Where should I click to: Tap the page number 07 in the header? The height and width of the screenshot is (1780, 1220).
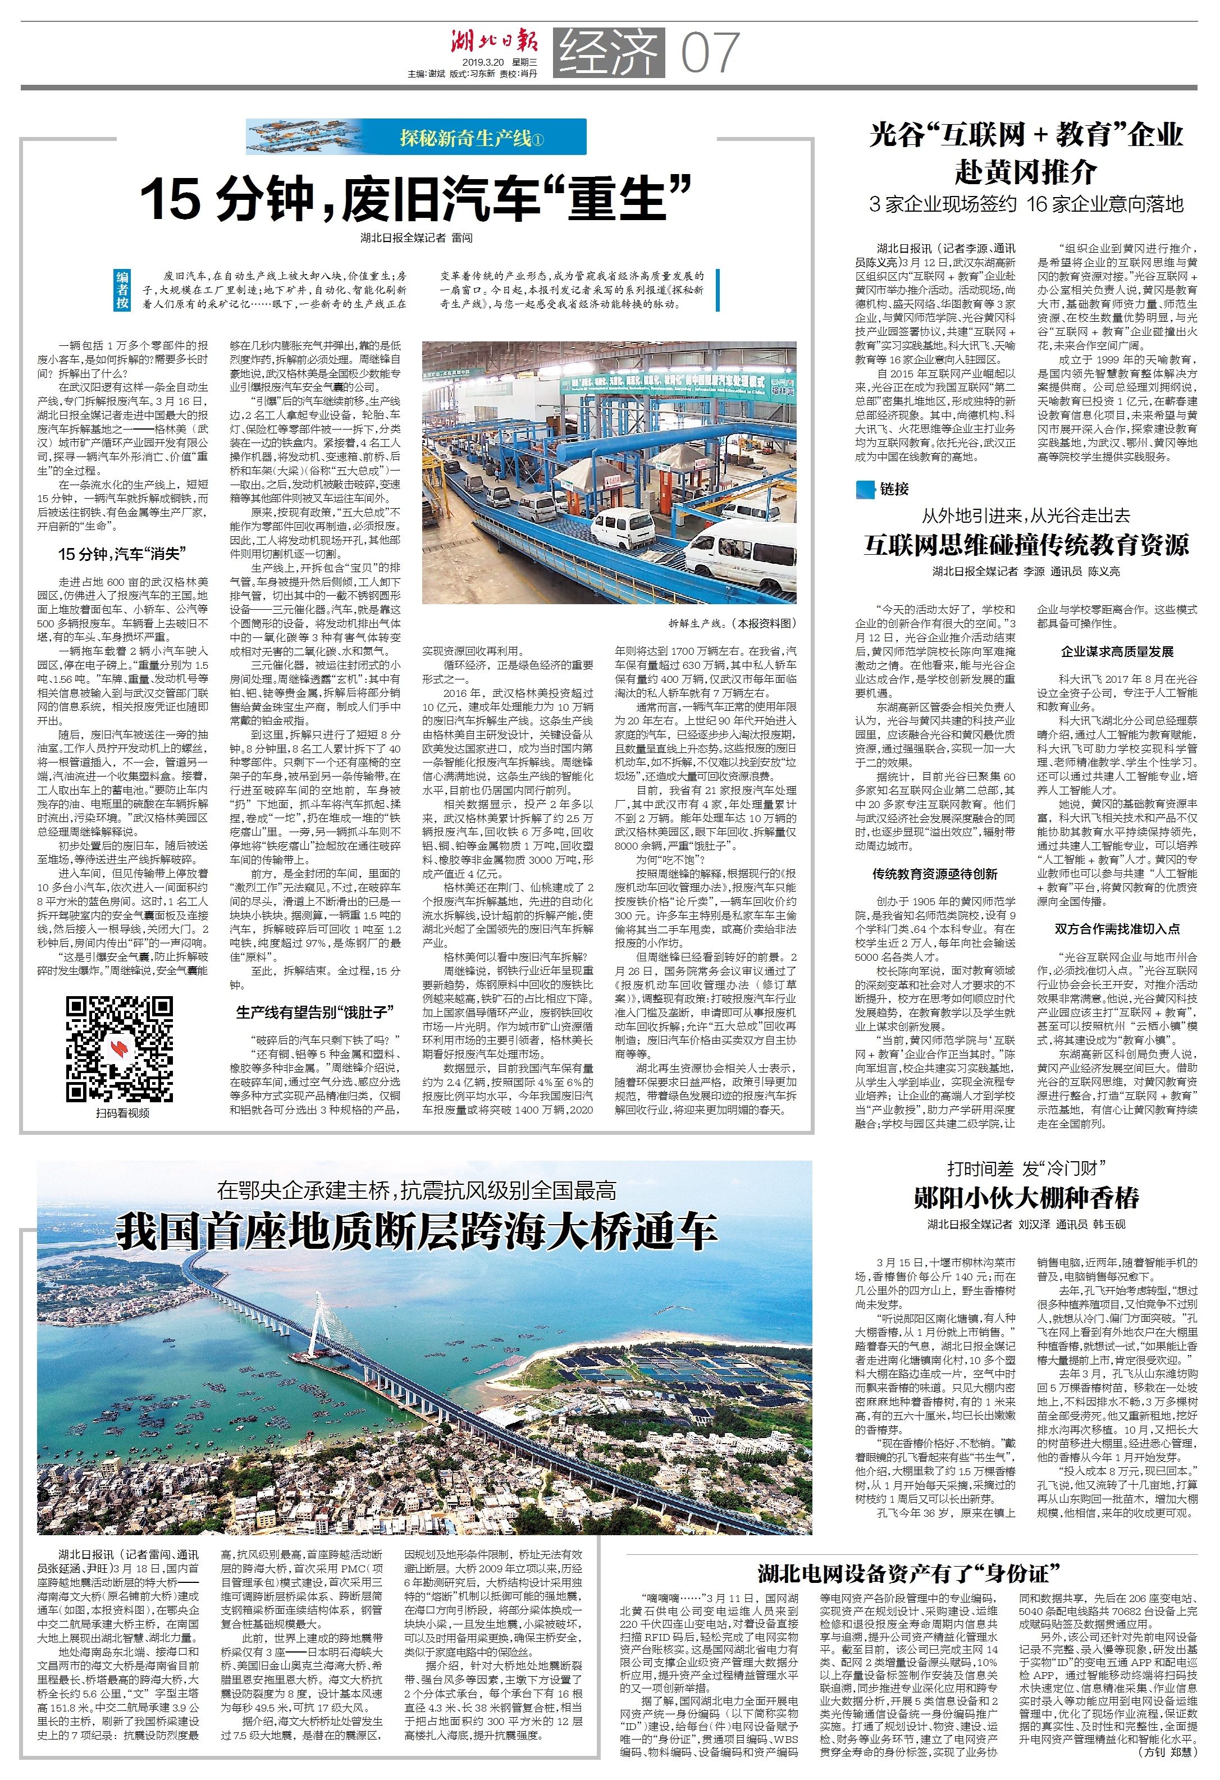(710, 52)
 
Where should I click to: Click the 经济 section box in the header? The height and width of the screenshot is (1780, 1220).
(609, 52)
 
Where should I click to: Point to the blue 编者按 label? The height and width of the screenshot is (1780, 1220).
(122, 290)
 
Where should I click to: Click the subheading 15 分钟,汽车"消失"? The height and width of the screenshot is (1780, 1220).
(122, 554)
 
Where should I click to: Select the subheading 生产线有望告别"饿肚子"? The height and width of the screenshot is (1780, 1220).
(315, 1012)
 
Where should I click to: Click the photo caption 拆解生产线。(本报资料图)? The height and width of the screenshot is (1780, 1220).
(732, 623)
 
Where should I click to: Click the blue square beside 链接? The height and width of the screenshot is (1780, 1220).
(865, 489)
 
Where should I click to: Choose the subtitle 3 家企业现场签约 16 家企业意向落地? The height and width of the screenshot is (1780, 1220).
(1026, 204)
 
